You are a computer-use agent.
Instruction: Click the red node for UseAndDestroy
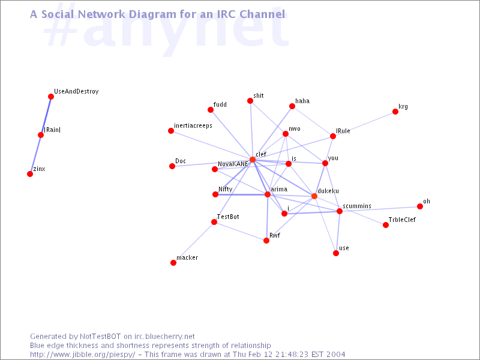pyautogui.click(x=51, y=97)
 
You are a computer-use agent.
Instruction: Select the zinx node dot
pyautogui.click(x=30, y=174)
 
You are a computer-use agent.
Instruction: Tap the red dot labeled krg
pyautogui.click(x=395, y=112)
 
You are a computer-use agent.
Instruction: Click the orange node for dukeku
pyautogui.click(x=314, y=196)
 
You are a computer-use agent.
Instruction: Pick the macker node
pyautogui.click(x=173, y=263)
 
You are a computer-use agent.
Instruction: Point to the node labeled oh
pyautogui.click(x=419, y=206)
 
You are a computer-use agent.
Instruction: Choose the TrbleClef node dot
pyautogui.click(x=386, y=225)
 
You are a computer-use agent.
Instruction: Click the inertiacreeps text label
pyautogui.click(x=193, y=126)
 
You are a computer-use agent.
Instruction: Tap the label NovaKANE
pyautogui.click(x=233, y=164)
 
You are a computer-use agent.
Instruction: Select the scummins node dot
pyautogui.click(x=339, y=211)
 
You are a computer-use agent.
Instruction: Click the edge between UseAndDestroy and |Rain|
pyautogui.click(x=46, y=116)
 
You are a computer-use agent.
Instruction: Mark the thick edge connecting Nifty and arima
pyautogui.click(x=241, y=194)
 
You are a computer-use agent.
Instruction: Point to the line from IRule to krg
pyautogui.click(x=364, y=124)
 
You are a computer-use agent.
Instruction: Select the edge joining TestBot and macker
pyautogui.click(x=194, y=242)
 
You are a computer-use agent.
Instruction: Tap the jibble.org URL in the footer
pyautogui.click(x=82, y=355)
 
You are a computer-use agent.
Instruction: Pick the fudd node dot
pyautogui.click(x=211, y=110)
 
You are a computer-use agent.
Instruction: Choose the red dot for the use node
pyautogui.click(x=336, y=253)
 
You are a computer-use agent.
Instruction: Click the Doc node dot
pyautogui.click(x=172, y=166)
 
